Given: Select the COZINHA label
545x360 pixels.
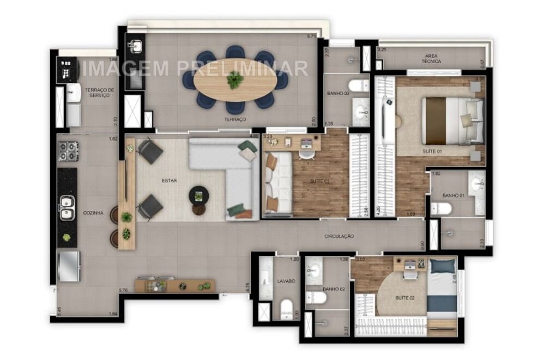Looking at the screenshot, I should [x=93, y=213].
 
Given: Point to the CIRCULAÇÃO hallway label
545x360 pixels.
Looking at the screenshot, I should [x=339, y=236].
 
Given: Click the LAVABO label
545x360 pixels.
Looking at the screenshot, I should [x=286, y=282].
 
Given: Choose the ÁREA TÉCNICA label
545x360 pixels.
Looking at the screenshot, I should [x=434, y=59].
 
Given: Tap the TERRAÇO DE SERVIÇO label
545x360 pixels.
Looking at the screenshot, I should [x=99, y=92].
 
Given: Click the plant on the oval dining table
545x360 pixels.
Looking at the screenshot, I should [x=235, y=80].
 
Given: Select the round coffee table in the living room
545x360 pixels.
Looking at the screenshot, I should [x=198, y=194].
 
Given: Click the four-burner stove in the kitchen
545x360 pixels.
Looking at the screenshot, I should [x=68, y=151].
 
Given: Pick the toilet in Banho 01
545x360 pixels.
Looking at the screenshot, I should [x=441, y=209].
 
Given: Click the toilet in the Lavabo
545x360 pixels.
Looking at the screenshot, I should [x=287, y=310].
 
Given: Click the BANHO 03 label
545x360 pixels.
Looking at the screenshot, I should [x=338, y=94].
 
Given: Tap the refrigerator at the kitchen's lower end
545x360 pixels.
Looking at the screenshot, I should [x=69, y=266].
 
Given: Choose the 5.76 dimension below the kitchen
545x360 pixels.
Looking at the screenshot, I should [x=124, y=290].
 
